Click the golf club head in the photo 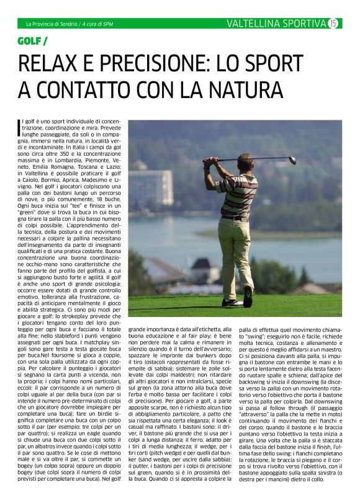292,160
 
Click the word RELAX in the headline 49,64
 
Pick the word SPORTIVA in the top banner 304,24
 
